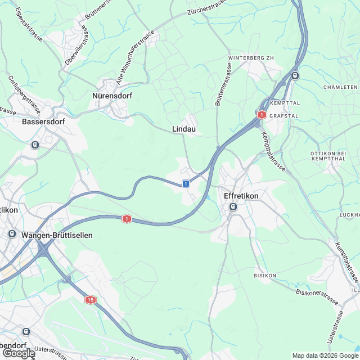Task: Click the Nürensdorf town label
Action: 112,96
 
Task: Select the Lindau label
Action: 184,129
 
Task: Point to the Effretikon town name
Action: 241,196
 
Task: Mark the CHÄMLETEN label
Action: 340,87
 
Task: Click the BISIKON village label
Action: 265,276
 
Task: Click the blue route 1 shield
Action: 186,183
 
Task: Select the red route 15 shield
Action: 91,300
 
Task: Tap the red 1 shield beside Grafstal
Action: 261,114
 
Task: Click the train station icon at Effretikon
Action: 233,207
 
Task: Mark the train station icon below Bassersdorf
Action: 35,145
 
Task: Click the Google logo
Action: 18,353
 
